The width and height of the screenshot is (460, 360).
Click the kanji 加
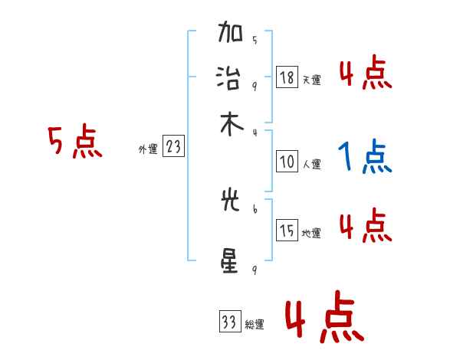(x=231, y=35)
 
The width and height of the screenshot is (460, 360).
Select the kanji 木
(x=231, y=125)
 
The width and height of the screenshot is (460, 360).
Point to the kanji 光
(x=231, y=204)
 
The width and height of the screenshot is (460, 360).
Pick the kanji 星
(x=231, y=262)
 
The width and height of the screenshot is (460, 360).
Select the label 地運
(x=311, y=234)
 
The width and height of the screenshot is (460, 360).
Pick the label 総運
(x=255, y=325)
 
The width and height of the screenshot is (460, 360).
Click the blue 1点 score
(x=364, y=158)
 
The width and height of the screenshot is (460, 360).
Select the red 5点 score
(x=75, y=142)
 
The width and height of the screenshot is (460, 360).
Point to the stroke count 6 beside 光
(x=254, y=208)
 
